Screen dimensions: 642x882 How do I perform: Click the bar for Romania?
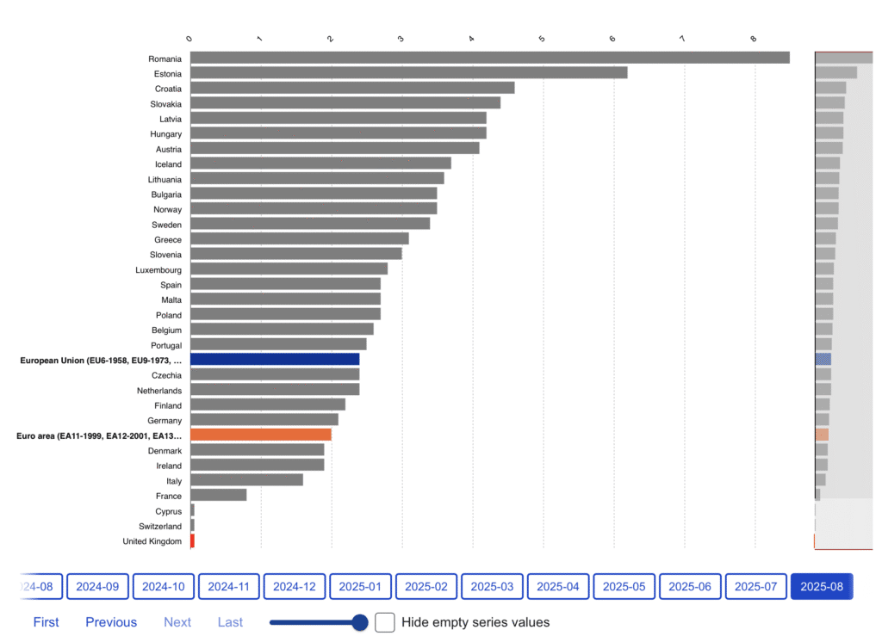point(489,58)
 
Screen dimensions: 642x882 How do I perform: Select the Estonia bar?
point(408,72)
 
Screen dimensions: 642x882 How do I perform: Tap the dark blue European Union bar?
point(275,359)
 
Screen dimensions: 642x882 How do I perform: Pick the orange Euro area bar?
point(261,435)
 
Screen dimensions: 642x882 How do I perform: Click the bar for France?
point(218,495)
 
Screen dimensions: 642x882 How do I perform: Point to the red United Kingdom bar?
point(192,540)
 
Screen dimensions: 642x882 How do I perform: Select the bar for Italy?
point(246,480)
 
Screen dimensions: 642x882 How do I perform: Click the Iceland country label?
point(168,164)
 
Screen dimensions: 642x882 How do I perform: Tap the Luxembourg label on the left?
point(158,269)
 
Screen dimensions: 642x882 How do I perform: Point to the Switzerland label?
point(160,526)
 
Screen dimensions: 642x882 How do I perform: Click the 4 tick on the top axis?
point(472,39)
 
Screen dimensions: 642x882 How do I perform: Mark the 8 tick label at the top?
point(754,39)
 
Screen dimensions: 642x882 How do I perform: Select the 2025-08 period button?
point(821,586)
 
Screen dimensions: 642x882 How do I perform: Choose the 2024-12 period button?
point(295,586)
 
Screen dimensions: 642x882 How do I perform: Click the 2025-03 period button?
point(492,586)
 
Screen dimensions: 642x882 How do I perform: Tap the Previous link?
point(111,622)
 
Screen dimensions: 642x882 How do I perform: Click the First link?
point(47,622)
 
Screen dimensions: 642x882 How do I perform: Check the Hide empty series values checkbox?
point(385,621)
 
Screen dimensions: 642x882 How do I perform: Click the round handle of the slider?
point(360,621)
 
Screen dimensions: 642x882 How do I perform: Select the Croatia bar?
point(352,88)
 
